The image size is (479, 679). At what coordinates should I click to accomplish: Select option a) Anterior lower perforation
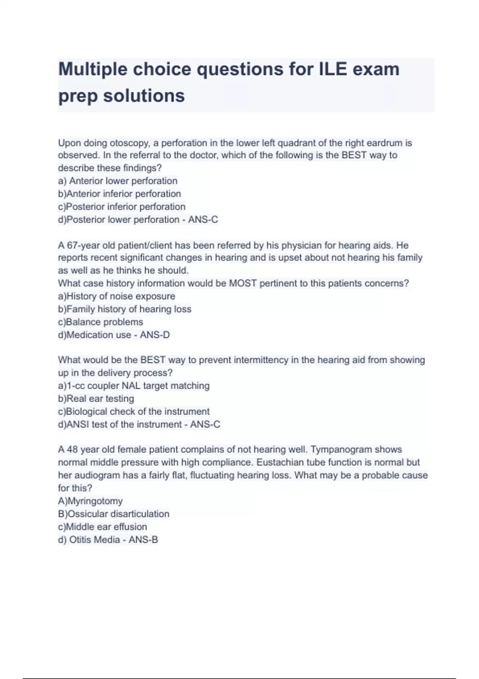[x=118, y=181]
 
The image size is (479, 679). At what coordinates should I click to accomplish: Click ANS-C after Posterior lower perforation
[x=203, y=220]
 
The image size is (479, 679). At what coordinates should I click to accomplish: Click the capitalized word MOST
[x=243, y=284]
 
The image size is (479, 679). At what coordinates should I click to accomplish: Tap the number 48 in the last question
[x=72, y=450]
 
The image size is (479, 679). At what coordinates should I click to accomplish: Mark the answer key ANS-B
[x=143, y=540]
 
